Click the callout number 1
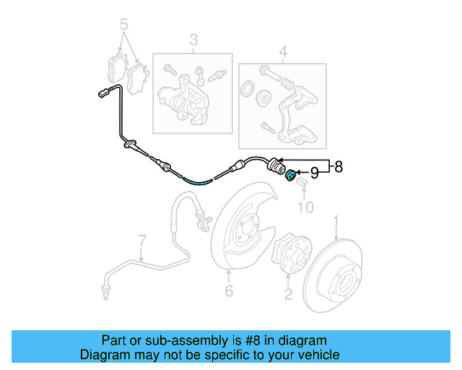click(336, 220)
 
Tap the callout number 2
click(288, 293)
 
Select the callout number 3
click(193, 40)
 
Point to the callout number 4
click(283, 51)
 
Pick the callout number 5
click(125, 23)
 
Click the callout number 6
click(228, 291)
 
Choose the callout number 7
click(142, 239)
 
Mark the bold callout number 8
click(339, 167)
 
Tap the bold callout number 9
click(314, 173)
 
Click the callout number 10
click(306, 208)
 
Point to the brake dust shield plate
click(242, 224)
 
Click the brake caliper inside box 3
click(184, 98)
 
